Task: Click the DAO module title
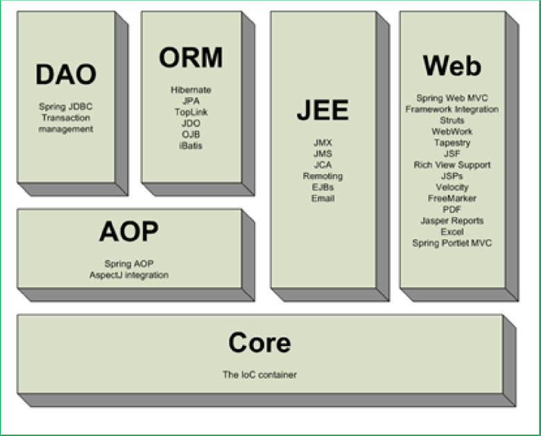click(66, 75)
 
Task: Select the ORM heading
click(191, 58)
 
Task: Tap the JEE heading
click(323, 111)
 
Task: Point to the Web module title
click(452, 66)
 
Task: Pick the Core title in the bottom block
click(259, 342)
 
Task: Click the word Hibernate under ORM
click(191, 90)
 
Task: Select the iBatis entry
click(191, 146)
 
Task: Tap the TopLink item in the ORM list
click(191, 112)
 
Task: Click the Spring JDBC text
click(66, 107)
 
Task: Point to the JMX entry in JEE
click(323, 143)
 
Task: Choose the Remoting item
click(323, 176)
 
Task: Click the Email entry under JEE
click(323, 198)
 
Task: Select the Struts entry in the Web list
click(452, 121)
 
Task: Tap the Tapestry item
click(452, 143)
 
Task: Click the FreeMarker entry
click(452, 198)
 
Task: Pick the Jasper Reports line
click(452, 220)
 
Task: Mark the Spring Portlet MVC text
click(452, 243)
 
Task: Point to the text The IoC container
click(259, 375)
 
